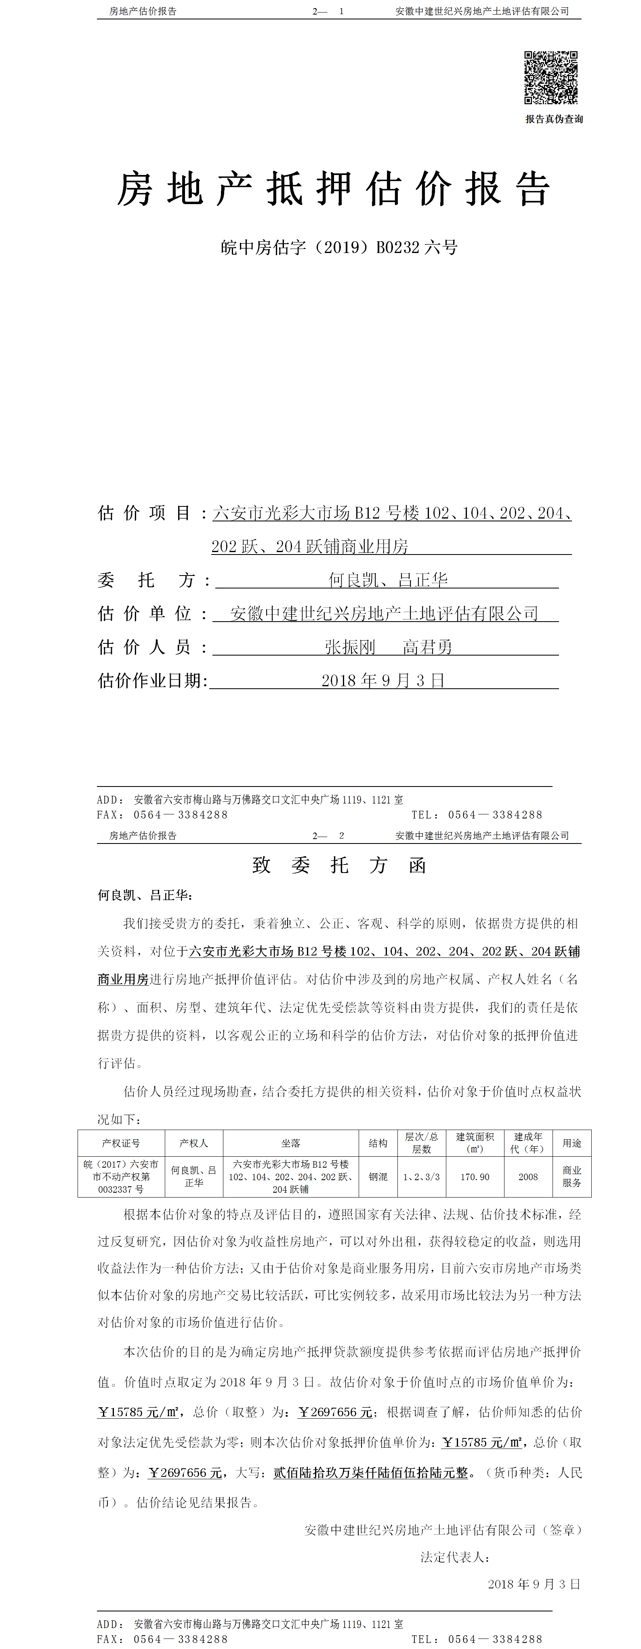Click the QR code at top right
coord(551,78)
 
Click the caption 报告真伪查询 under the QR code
coord(554,119)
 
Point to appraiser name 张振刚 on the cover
coord(350,647)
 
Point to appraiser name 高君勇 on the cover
coord(427,647)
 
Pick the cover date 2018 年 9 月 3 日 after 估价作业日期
coord(382,681)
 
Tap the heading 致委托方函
coord(339,865)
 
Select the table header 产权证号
coord(121,1143)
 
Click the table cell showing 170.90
coord(475,1177)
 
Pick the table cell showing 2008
coord(528,1177)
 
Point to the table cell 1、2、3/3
coord(422,1177)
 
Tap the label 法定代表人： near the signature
coord(455,1557)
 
